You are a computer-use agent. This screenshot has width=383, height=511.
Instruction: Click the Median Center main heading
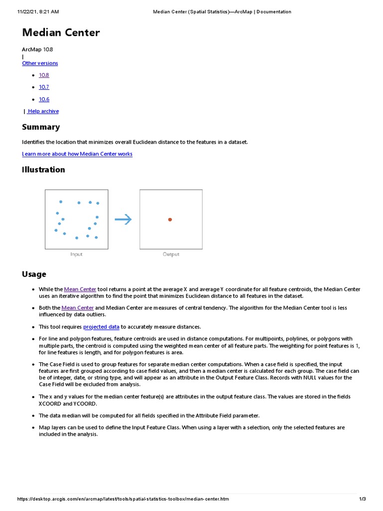61,33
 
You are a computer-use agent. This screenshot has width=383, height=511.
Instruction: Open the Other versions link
40,63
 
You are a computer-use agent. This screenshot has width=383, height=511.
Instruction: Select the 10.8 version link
44,75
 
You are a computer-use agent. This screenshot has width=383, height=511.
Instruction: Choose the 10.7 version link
44,87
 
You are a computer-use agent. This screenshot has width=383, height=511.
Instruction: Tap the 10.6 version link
44,99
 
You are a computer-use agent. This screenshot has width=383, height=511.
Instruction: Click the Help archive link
43,111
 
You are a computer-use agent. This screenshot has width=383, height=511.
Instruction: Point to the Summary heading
41,127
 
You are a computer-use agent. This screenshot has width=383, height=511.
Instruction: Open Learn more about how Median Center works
77,154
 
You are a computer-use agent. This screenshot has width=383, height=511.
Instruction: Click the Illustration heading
43,170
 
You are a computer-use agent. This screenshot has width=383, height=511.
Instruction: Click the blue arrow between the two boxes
123,220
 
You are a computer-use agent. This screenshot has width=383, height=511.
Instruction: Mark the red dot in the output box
170,220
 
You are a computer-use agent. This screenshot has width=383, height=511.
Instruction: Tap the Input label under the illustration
76,255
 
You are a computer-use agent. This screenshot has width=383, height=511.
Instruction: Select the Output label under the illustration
171,255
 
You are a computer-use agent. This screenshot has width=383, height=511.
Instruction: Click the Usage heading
34,274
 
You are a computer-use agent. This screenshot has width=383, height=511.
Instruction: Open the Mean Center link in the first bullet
80,289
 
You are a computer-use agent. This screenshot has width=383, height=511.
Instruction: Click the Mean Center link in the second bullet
77,308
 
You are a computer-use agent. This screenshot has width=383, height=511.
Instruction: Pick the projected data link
101,327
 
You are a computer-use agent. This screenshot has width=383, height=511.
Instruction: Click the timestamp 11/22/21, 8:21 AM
38,11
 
